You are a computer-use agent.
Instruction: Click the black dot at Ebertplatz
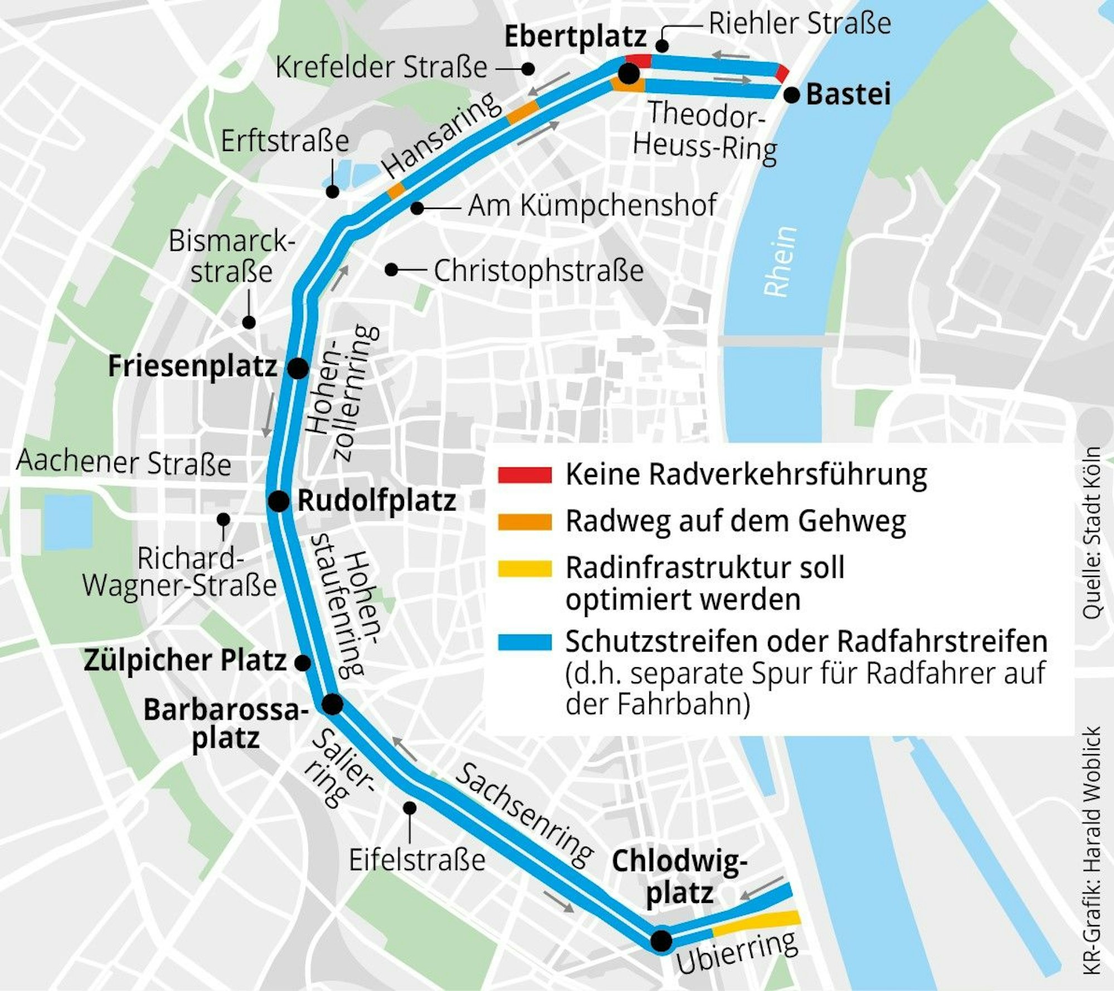pos(629,74)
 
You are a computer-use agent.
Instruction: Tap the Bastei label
pos(848,94)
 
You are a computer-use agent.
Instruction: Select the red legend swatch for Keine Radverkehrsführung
pos(524,475)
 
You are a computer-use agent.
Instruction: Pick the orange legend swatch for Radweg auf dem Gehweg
pos(524,522)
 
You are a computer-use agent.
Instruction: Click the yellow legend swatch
pos(524,569)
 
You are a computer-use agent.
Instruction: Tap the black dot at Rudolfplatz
pos(279,501)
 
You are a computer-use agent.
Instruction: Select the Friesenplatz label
pos(192,367)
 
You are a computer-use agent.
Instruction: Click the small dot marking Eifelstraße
pos(410,808)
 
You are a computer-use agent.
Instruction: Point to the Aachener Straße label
pos(123,463)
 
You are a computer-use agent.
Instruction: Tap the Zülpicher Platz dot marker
pos(302,663)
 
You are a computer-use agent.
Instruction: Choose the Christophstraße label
pos(538,271)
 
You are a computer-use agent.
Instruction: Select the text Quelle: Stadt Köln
pos(1092,532)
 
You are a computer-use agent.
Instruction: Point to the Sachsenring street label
pos(523,817)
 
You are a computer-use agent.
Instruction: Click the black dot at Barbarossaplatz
pos(333,705)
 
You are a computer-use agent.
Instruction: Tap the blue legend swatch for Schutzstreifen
pos(524,642)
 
